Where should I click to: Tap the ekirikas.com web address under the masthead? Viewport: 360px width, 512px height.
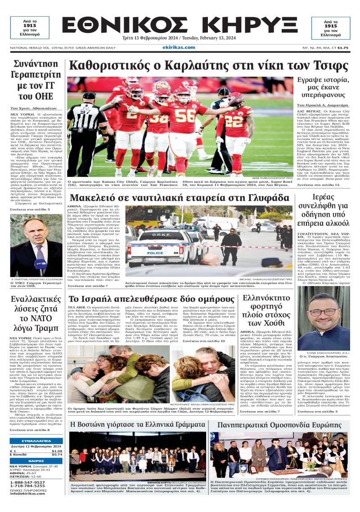coord(180,47)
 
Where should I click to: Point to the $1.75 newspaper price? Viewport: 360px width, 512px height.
coord(343,47)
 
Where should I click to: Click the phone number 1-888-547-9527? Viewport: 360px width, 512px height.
coord(27,482)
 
